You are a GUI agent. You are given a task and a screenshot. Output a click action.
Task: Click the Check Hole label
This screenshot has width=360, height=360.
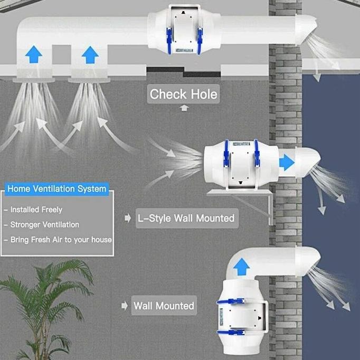pos(183,94)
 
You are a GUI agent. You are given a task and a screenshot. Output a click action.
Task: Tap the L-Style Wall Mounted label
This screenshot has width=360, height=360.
pos(186,218)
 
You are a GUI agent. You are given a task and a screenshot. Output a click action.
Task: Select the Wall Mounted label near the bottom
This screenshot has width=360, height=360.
pos(164,306)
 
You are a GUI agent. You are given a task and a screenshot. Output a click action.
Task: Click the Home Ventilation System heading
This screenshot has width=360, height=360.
pos(56,189)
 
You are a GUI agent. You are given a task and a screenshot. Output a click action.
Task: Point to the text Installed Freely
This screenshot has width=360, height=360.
pos(36,210)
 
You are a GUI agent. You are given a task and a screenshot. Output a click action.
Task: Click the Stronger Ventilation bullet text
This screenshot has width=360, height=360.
pos(45,224)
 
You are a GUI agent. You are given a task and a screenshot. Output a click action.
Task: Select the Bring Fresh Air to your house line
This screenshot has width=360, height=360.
pos(61,240)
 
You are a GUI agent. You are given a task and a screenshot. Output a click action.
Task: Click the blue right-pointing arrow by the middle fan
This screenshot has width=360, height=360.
pos(287,163)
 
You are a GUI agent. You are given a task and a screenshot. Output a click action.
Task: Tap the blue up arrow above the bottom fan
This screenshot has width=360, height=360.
pos(242,267)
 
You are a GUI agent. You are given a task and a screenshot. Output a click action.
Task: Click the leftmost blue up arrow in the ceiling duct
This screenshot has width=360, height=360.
pos(34,54)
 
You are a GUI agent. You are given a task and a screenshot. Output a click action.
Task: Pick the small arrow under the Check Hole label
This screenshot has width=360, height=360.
pos(184,108)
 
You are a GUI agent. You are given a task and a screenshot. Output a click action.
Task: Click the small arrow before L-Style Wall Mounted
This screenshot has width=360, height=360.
pos(128,218)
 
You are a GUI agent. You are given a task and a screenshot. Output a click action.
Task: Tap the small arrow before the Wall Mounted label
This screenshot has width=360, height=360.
pos(125,306)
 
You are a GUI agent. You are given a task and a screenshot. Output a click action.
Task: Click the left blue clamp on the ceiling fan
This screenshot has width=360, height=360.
pos(169,41)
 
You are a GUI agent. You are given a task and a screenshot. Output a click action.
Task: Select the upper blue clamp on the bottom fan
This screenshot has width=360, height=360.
pos(231,301)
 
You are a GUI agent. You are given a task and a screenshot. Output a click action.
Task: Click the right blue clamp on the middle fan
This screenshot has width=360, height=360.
pos(257,154)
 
